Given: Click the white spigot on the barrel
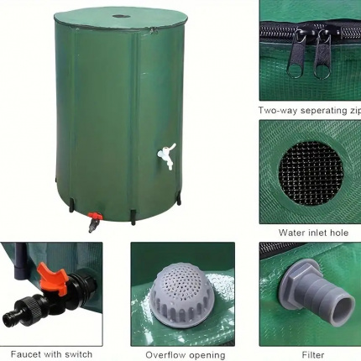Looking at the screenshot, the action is point(167,154).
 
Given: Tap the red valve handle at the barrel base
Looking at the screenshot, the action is point(94,216).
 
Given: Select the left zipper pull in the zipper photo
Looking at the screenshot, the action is point(294,55).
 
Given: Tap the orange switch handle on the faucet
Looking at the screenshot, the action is point(52,275).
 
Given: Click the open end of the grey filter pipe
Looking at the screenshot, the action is point(343,310).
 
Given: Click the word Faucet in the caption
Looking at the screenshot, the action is point(26,354).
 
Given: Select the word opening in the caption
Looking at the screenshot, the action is point(207,356).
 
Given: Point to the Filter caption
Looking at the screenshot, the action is point(313,355).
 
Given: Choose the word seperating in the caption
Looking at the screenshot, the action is point(320,111).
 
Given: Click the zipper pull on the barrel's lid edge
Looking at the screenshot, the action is point(153,31).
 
